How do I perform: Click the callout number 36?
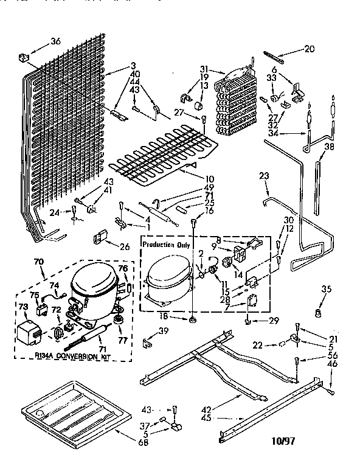[x=56, y=41]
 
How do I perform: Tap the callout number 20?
[x=309, y=49]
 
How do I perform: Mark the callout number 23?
[x=263, y=176]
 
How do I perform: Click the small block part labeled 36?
[x=25, y=57]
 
